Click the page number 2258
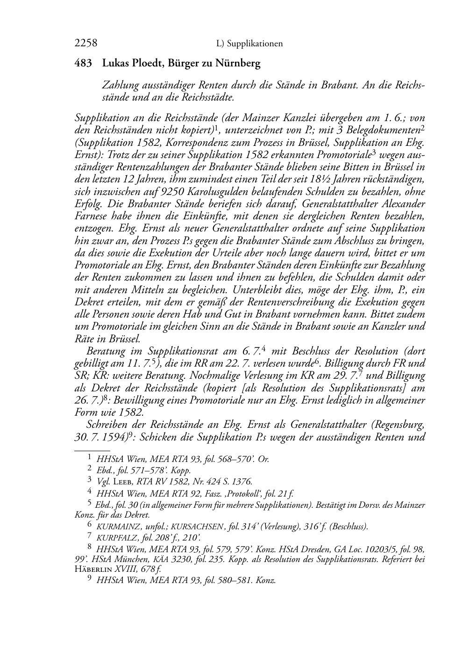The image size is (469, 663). coord(86,43)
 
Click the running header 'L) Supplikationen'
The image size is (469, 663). coord(250,44)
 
